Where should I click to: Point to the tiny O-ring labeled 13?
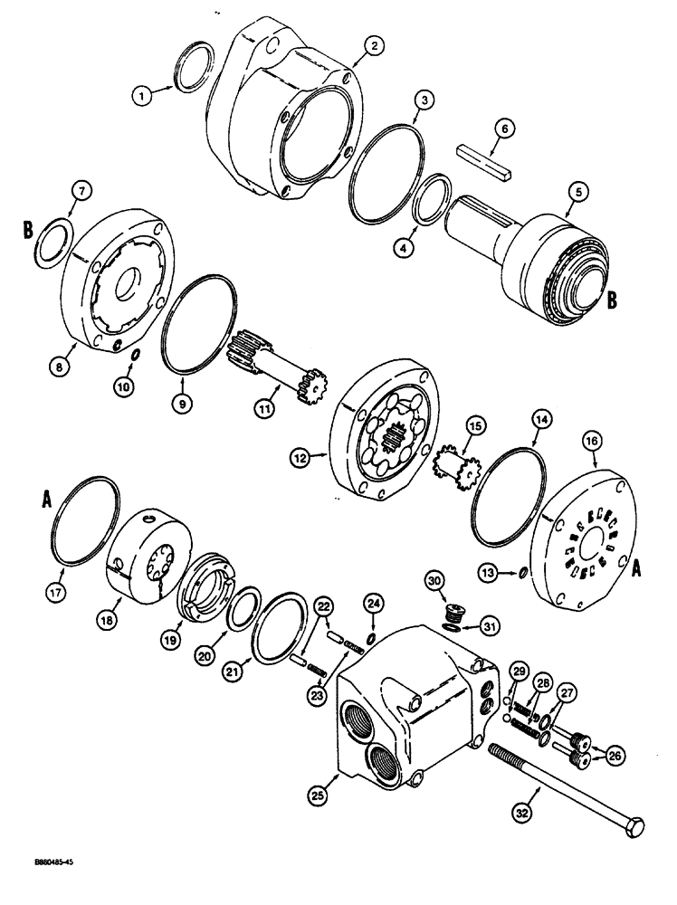(x=527, y=571)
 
